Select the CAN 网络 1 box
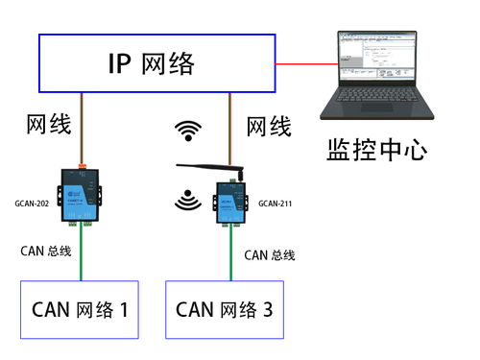(x=80, y=309)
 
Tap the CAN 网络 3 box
(x=226, y=309)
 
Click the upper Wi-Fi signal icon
(x=186, y=129)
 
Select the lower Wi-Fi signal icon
(x=186, y=199)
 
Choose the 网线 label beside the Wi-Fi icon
(x=269, y=126)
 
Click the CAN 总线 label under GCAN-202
(x=46, y=252)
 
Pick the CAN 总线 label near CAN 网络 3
(x=269, y=254)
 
